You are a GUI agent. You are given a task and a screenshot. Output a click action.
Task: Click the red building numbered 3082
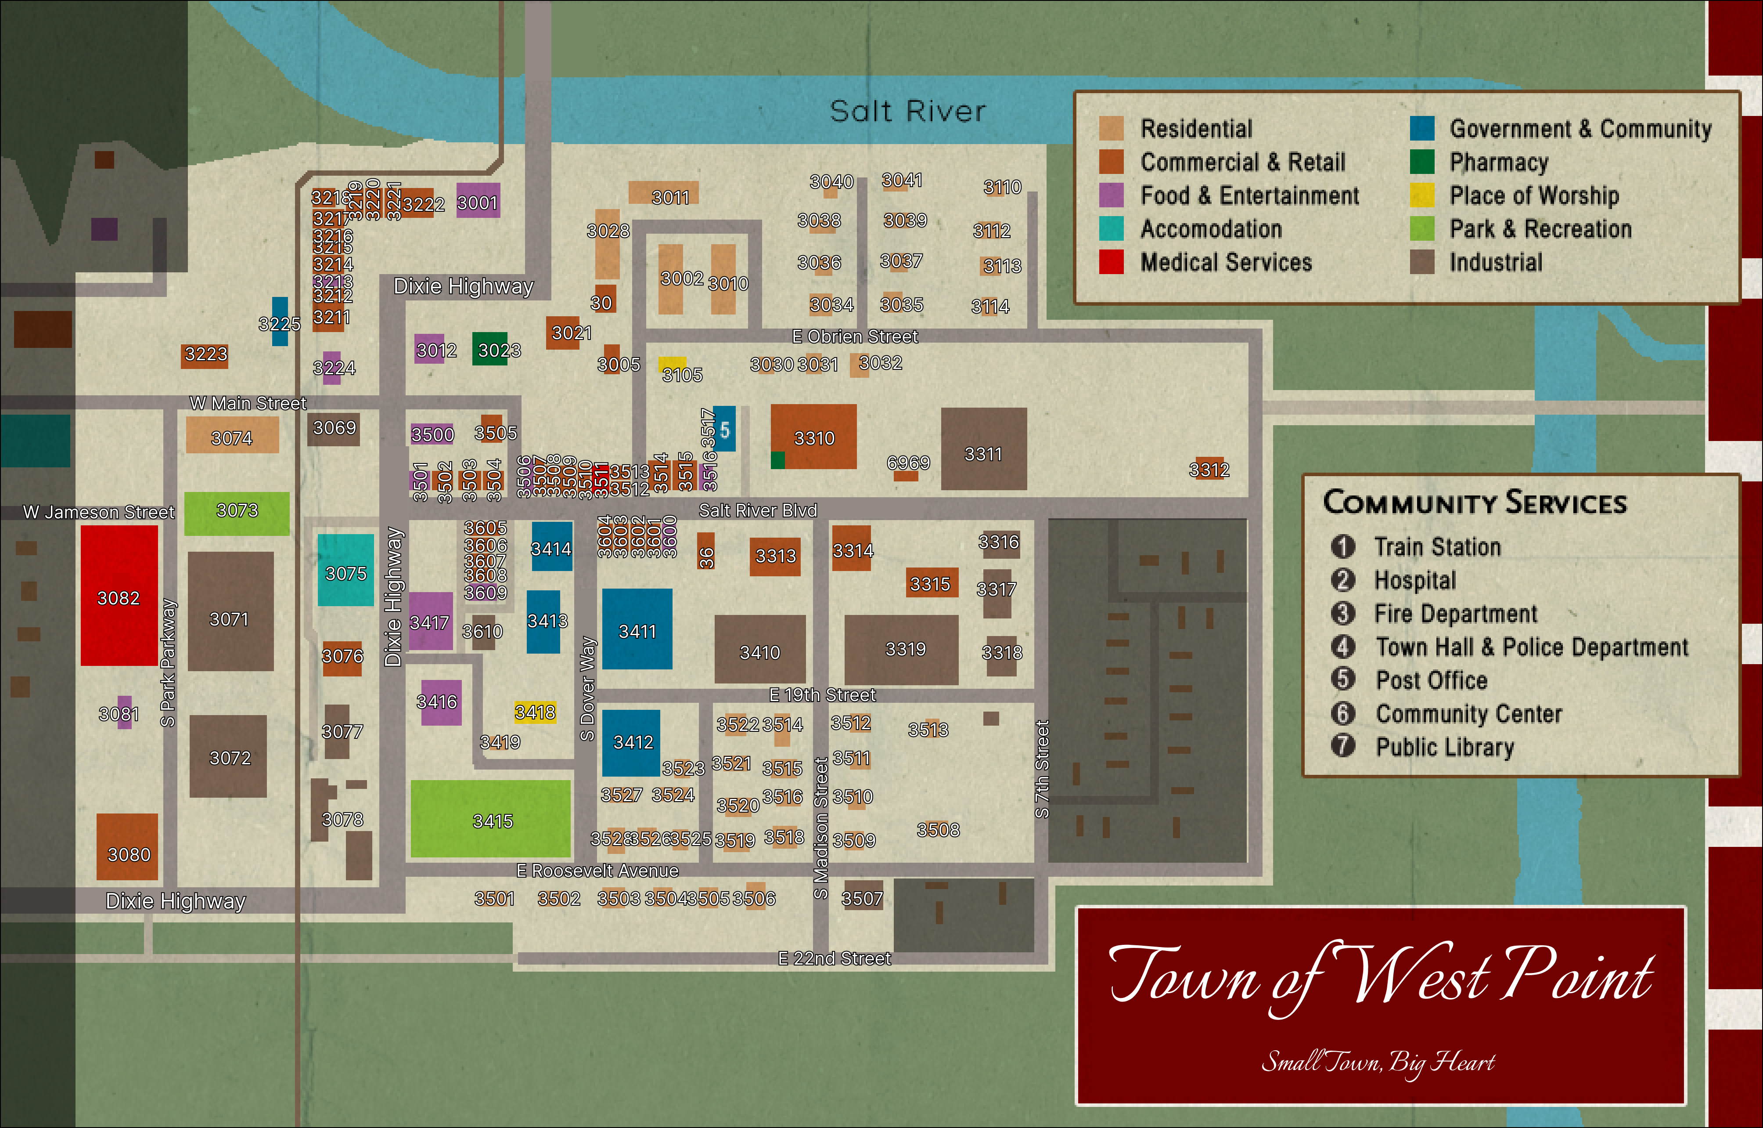point(119,595)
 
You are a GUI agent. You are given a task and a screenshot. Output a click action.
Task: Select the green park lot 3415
point(490,818)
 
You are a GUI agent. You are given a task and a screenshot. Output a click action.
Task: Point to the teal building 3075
point(345,570)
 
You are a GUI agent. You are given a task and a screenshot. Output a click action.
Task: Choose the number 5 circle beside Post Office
point(1343,679)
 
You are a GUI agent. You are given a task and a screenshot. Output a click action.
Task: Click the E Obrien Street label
point(854,336)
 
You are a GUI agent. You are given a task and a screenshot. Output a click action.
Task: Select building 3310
point(813,437)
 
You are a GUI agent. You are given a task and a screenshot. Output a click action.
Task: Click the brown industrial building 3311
point(983,449)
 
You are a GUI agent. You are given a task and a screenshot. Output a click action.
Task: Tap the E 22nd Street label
point(834,958)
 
